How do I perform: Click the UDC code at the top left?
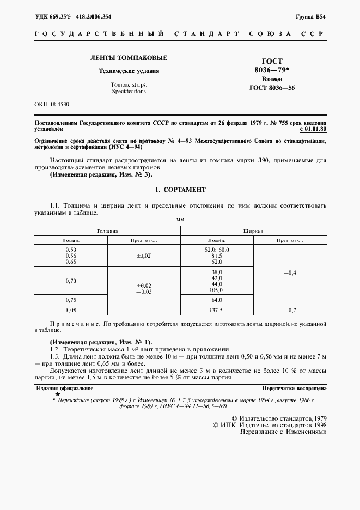[73, 17]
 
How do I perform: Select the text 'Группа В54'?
[310, 17]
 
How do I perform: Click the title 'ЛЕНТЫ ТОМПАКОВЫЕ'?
[129, 58]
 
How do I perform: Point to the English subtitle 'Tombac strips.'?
[129, 85]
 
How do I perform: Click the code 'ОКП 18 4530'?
[52, 104]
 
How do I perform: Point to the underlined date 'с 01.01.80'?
[313, 130]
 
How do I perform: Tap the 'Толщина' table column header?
[108, 231]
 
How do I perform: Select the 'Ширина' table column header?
[254, 231]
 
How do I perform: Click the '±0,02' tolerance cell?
[144, 255]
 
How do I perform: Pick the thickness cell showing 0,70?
[71, 281]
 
